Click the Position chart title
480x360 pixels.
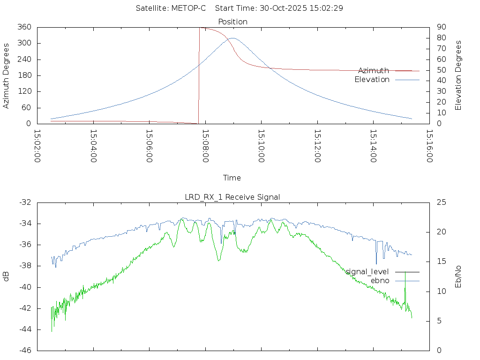point(233,22)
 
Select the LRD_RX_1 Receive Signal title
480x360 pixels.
point(232,197)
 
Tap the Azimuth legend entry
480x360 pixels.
point(374,71)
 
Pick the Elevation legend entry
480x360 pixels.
point(372,80)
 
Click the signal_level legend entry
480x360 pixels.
point(367,272)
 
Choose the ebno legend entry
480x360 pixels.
point(380,280)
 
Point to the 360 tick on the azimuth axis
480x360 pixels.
point(24,27)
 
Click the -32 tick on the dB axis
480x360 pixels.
point(25,202)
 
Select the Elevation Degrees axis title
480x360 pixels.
point(458,75)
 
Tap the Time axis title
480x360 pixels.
point(232,178)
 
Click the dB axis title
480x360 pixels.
point(7,277)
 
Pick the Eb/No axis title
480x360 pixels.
point(458,277)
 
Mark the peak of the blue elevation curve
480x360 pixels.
point(232,38)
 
